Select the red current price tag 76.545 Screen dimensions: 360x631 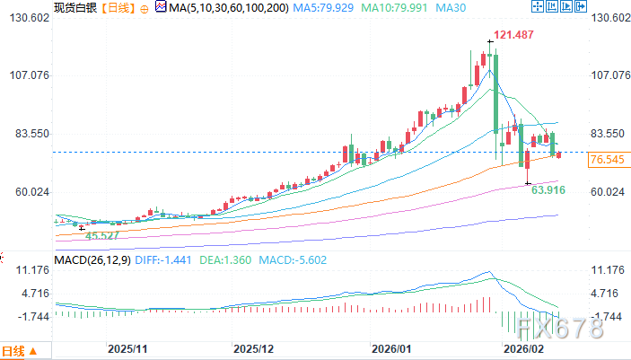[x=608, y=160]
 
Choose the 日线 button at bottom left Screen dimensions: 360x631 [x=19, y=350]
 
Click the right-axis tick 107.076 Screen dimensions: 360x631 [x=608, y=75]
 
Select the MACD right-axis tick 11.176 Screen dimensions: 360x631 [x=608, y=269]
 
